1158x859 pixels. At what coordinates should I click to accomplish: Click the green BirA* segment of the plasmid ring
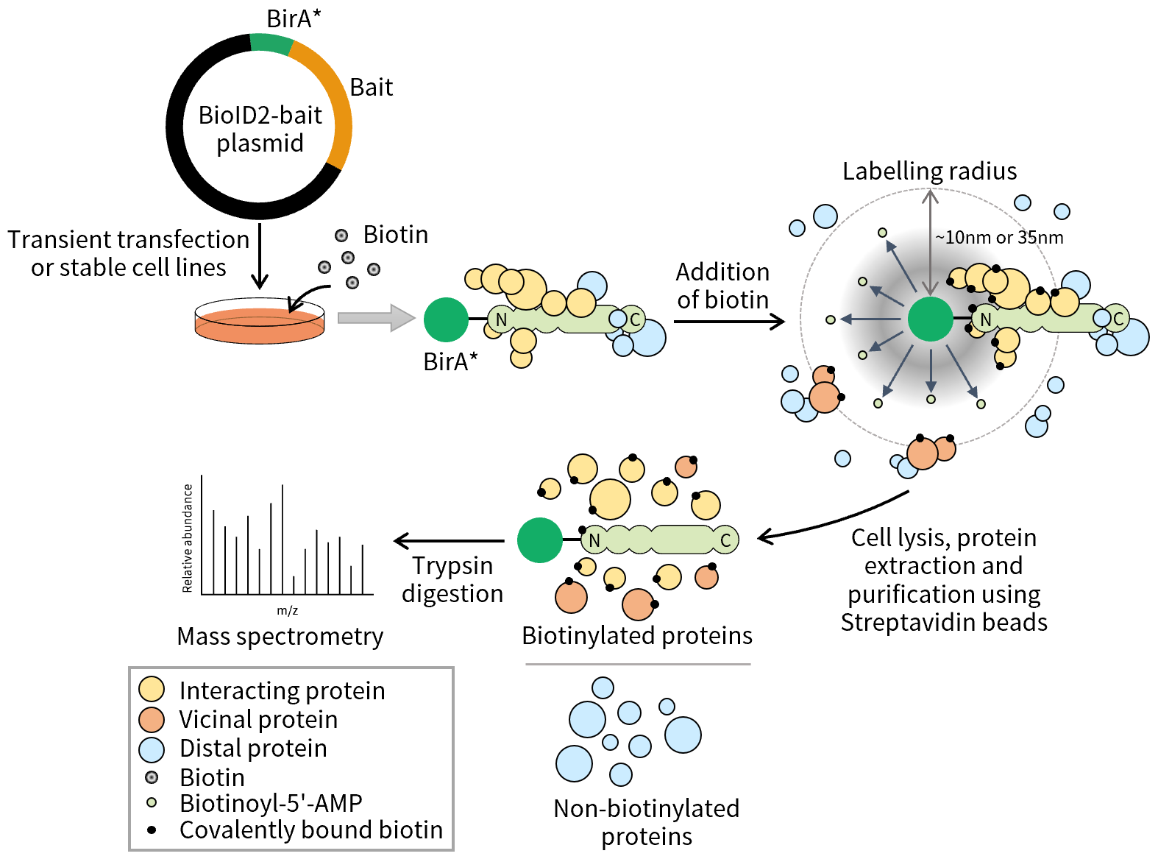tap(271, 43)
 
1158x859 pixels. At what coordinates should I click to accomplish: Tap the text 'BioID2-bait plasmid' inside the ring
tap(260, 129)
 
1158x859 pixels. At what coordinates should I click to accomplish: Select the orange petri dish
tap(260, 325)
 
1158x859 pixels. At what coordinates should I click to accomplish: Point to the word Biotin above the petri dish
tap(395, 235)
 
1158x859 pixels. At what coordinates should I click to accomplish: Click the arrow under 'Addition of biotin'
tap(728, 322)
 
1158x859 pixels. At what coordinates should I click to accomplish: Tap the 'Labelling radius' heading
tap(929, 172)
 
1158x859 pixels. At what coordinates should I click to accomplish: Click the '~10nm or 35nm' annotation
tap(999, 238)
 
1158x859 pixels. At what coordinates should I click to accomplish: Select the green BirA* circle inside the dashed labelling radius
tap(930, 319)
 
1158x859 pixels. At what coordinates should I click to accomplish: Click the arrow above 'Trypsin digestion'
tap(449, 541)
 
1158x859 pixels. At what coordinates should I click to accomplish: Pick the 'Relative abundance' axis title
tap(188, 538)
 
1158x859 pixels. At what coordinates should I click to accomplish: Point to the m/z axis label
tap(287, 611)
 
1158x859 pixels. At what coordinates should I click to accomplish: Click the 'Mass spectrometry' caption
tap(280, 637)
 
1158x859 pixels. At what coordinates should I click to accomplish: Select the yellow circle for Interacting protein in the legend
tap(152, 690)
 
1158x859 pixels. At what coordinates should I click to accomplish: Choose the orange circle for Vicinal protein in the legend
tap(152, 719)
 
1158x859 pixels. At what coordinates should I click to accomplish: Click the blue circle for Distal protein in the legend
tap(152, 749)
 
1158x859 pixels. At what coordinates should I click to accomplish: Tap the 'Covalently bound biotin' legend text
tap(311, 830)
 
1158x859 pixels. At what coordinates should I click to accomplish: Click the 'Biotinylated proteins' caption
tap(637, 636)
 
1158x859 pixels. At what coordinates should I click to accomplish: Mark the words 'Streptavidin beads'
tap(944, 623)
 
